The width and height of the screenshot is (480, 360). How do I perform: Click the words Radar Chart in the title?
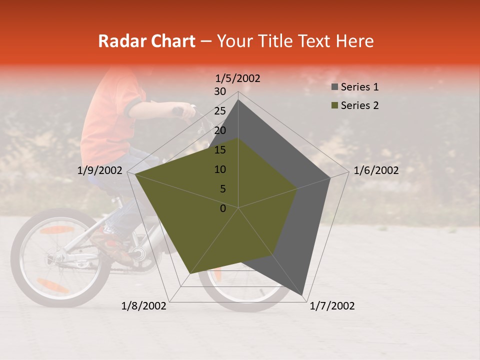click(x=146, y=41)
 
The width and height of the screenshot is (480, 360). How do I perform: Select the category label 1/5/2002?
click(x=238, y=78)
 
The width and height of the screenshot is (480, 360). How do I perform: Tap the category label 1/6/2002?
click(x=376, y=170)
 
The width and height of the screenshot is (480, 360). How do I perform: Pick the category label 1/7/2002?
click(x=332, y=306)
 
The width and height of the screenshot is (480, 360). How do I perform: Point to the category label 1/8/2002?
click(x=144, y=306)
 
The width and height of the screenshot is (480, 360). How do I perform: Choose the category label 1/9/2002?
click(x=100, y=170)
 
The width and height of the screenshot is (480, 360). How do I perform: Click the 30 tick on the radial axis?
click(x=220, y=91)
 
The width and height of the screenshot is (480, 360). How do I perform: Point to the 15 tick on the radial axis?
click(x=220, y=150)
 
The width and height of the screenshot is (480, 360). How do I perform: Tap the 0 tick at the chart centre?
click(x=223, y=208)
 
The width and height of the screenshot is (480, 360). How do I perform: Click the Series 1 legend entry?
click(x=359, y=87)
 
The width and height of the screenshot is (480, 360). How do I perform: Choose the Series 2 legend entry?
click(x=359, y=105)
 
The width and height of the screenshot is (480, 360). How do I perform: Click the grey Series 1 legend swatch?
click(x=334, y=87)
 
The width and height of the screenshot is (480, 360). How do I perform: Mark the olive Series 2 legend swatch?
click(x=334, y=106)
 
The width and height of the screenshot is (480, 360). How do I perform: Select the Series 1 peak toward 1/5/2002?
click(x=238, y=99)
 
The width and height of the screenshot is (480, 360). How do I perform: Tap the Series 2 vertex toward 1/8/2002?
click(x=189, y=273)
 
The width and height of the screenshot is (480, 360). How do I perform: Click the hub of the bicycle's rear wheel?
click(x=55, y=258)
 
